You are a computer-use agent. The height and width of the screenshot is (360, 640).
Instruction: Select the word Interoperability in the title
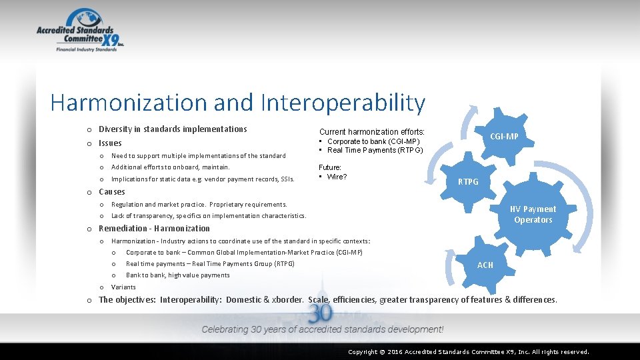tap(343, 103)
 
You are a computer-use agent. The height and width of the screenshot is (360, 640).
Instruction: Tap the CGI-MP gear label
tap(504, 137)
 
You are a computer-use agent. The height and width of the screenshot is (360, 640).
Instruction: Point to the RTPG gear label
tap(468, 182)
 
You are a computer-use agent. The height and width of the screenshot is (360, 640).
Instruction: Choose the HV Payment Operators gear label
tap(533, 214)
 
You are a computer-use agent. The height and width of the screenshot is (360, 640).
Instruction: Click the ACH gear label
tap(485, 265)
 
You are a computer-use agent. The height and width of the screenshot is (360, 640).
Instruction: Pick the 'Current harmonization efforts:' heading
tap(371, 132)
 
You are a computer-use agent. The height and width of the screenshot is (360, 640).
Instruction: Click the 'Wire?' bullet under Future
tap(337, 177)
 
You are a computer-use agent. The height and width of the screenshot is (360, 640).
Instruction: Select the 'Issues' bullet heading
tap(110, 143)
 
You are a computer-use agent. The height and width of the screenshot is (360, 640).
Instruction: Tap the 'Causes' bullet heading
tap(111, 192)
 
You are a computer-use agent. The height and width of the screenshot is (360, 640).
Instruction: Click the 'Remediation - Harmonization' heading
tap(154, 228)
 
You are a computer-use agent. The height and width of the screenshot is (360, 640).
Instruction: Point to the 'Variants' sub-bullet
tap(123, 287)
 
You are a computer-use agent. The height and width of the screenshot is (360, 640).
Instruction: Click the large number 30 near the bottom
tap(321, 313)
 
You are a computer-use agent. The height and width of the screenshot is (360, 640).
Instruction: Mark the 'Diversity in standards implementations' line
tap(173, 129)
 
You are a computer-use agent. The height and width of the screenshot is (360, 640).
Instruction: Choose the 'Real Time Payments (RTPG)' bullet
tap(375, 150)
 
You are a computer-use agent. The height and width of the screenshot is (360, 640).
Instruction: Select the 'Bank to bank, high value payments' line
tap(177, 275)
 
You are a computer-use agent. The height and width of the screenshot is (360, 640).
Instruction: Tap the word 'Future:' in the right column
tap(330, 167)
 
